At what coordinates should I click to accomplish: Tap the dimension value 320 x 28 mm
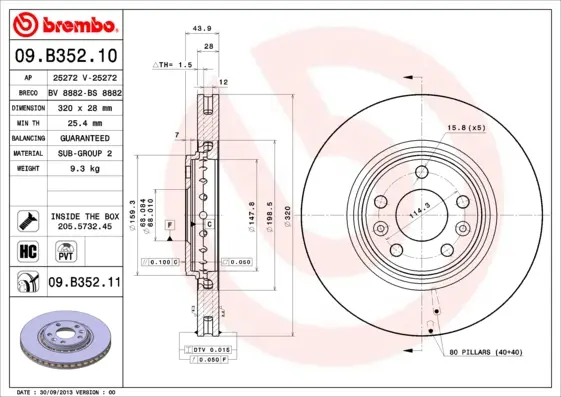[84, 106]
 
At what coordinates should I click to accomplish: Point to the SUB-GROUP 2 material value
[84, 153]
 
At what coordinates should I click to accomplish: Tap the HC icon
[28, 249]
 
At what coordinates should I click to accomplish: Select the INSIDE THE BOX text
[85, 216]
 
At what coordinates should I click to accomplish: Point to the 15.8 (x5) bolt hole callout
[465, 127]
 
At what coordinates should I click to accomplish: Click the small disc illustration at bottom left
[66, 340]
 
